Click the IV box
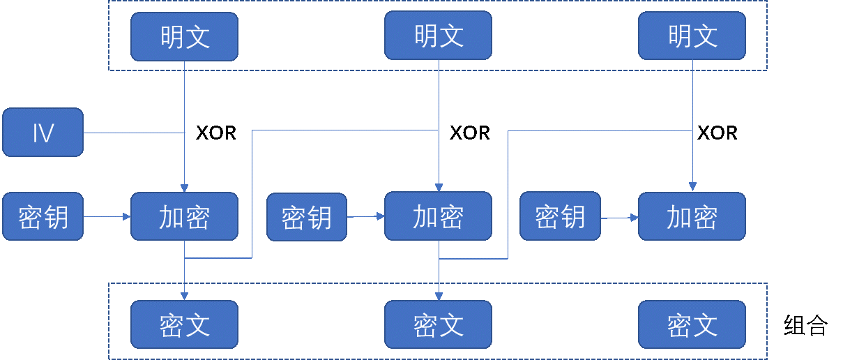(43, 132)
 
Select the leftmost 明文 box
(184, 36)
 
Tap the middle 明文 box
(438, 35)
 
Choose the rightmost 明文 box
(692, 35)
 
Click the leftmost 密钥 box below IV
(43, 216)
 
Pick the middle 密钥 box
(307, 217)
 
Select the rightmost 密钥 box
(560, 216)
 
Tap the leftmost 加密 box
(184, 216)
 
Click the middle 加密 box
(438, 216)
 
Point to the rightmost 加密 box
(692, 216)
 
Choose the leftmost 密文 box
(184, 324)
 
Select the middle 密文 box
(438, 324)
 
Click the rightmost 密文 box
(692, 324)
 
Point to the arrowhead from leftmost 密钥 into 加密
(127, 216)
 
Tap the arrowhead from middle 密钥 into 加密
(381, 216)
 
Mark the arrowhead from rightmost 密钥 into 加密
(635, 217)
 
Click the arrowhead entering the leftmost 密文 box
(184, 297)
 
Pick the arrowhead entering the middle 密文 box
(438, 297)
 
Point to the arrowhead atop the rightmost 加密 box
(692, 187)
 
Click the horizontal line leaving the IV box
(132, 133)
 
